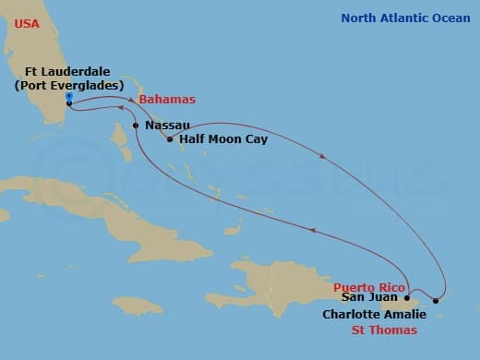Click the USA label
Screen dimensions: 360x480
[x=27, y=23]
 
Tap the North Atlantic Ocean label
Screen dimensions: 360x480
[x=405, y=18]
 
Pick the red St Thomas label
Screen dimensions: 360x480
[x=389, y=330]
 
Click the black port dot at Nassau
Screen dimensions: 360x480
[x=136, y=125]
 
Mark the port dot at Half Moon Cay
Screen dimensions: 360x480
[x=170, y=139]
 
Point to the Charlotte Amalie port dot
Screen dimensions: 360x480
[x=437, y=301]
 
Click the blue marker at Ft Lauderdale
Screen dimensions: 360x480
[x=69, y=96]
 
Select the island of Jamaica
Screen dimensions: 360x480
[x=138, y=305]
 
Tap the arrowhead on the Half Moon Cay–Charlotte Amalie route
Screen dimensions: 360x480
[x=322, y=155]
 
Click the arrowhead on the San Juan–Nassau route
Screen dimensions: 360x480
[x=315, y=232]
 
